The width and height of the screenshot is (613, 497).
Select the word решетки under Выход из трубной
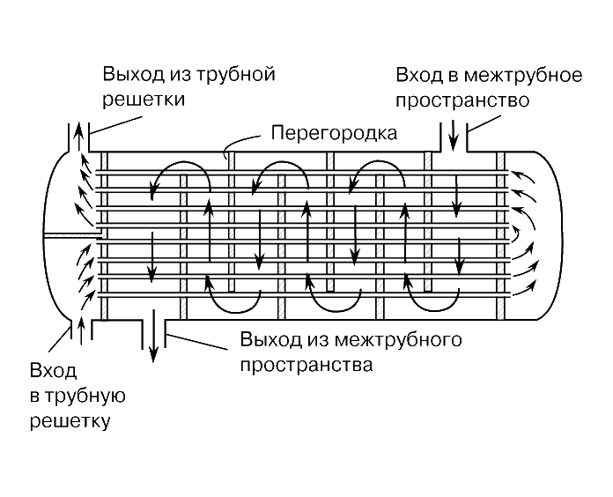pos(144,100)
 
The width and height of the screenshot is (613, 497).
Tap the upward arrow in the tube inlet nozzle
pos(82,330)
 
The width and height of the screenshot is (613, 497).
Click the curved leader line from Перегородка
pos(242,141)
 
